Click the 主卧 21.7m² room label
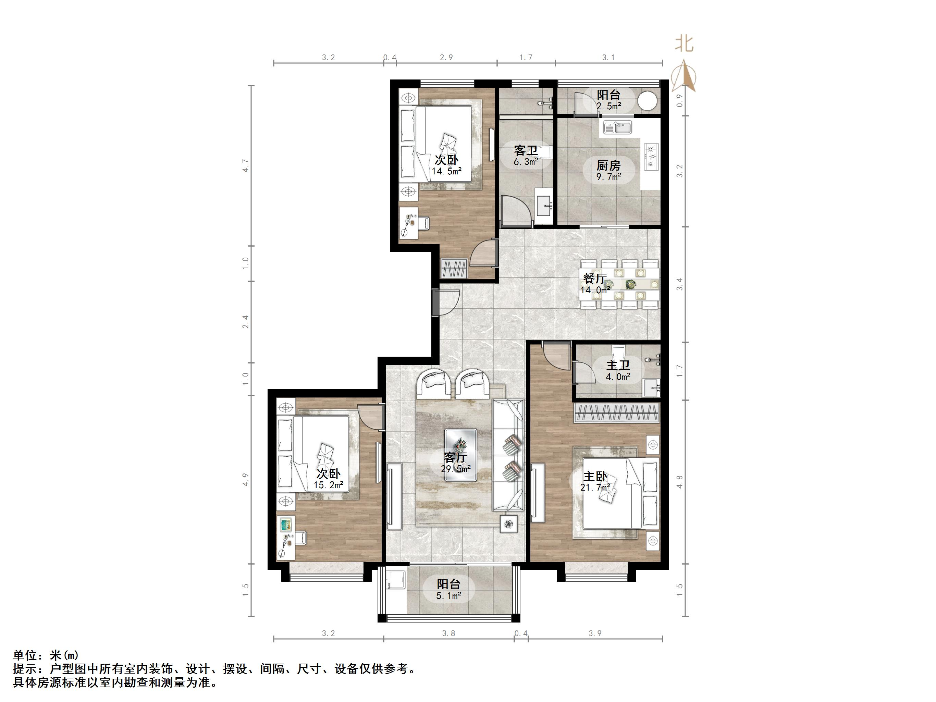coord(595,482)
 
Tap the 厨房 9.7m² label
coord(608,171)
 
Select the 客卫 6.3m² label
coord(526,155)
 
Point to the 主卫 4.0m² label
coord(618,370)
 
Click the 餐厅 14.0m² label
coord(595,284)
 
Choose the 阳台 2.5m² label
coord(608,100)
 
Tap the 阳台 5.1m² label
coord(448,589)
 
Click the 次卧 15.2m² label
coord(328,479)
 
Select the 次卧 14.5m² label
coord(446,165)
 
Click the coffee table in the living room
coord(460,455)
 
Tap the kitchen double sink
coord(617,127)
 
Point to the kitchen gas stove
coord(651,157)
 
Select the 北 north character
coord(684,44)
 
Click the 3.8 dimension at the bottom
coord(448,633)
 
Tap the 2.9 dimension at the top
coord(446,58)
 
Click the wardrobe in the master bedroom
coord(617,413)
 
